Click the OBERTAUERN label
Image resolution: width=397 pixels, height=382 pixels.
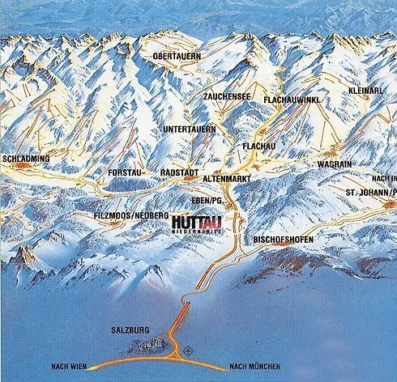[x=177, y=56]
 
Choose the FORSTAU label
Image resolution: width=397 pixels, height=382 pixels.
[x=125, y=173]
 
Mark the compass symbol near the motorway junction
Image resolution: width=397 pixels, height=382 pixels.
[x=189, y=351]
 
